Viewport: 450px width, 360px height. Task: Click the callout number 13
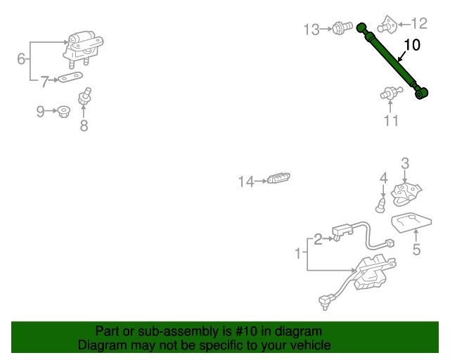(311, 30)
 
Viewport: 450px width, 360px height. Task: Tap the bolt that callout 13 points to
(342, 28)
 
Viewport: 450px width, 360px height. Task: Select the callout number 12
(419, 23)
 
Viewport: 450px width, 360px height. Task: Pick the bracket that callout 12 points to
(387, 25)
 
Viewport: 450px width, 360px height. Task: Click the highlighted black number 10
(412, 45)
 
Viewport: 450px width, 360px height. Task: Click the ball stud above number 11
(392, 92)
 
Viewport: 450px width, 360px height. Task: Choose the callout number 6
(21, 59)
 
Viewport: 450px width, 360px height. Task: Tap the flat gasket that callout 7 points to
(70, 77)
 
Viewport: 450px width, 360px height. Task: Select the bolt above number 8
(85, 96)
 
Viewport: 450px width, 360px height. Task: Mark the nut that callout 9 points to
(64, 112)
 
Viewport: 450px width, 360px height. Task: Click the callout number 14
(246, 181)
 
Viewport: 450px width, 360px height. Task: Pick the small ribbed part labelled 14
(278, 178)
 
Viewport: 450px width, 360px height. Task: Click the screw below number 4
(380, 205)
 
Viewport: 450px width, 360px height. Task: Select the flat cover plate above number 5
(411, 222)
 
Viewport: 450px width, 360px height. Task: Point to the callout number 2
(318, 239)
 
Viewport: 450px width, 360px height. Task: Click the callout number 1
(298, 254)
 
